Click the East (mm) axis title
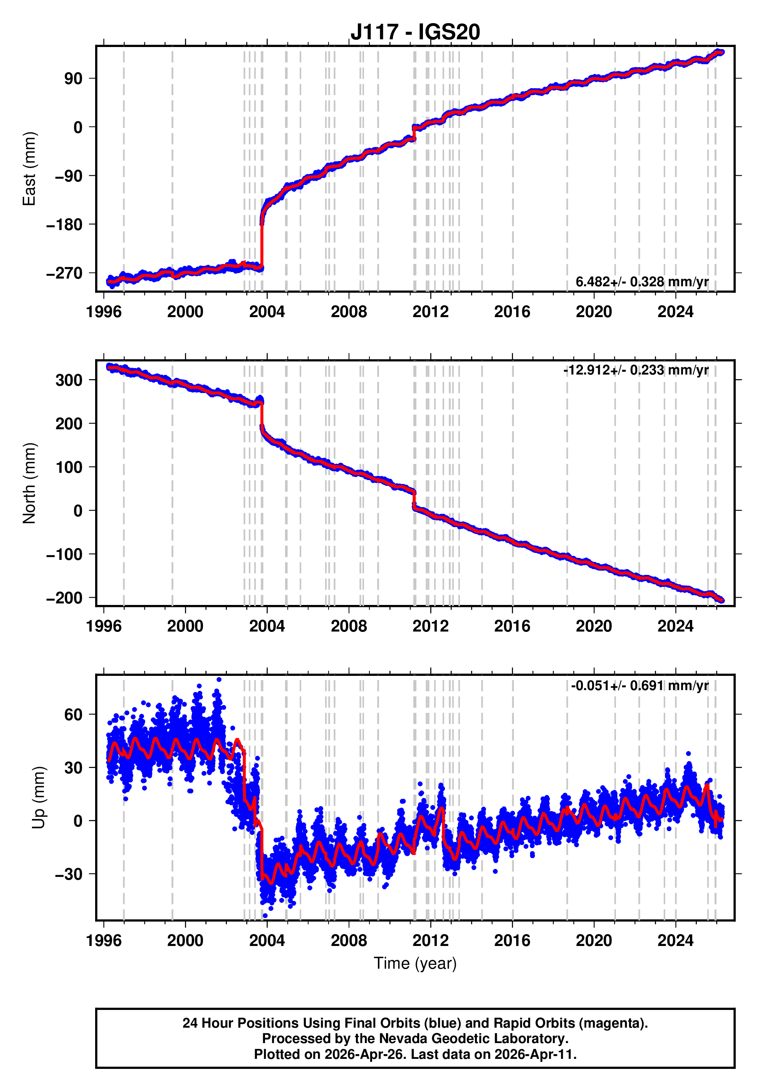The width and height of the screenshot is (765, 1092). click(x=29, y=169)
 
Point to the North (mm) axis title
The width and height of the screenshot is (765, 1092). click(x=29, y=483)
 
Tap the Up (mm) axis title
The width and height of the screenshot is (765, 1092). click(x=39, y=797)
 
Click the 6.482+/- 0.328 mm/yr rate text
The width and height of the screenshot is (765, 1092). click(x=641, y=282)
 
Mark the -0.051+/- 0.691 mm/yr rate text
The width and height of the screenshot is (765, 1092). click(x=639, y=685)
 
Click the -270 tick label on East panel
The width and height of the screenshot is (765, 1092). click(x=64, y=274)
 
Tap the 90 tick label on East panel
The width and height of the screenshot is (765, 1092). click(x=73, y=79)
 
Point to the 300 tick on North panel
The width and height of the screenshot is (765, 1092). click(x=69, y=380)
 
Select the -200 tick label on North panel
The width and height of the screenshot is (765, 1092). click(x=64, y=598)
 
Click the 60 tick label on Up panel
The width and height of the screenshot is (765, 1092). click(x=73, y=714)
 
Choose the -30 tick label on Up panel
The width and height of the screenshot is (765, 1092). click(x=69, y=874)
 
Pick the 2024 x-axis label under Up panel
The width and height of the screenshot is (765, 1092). click(x=675, y=940)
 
